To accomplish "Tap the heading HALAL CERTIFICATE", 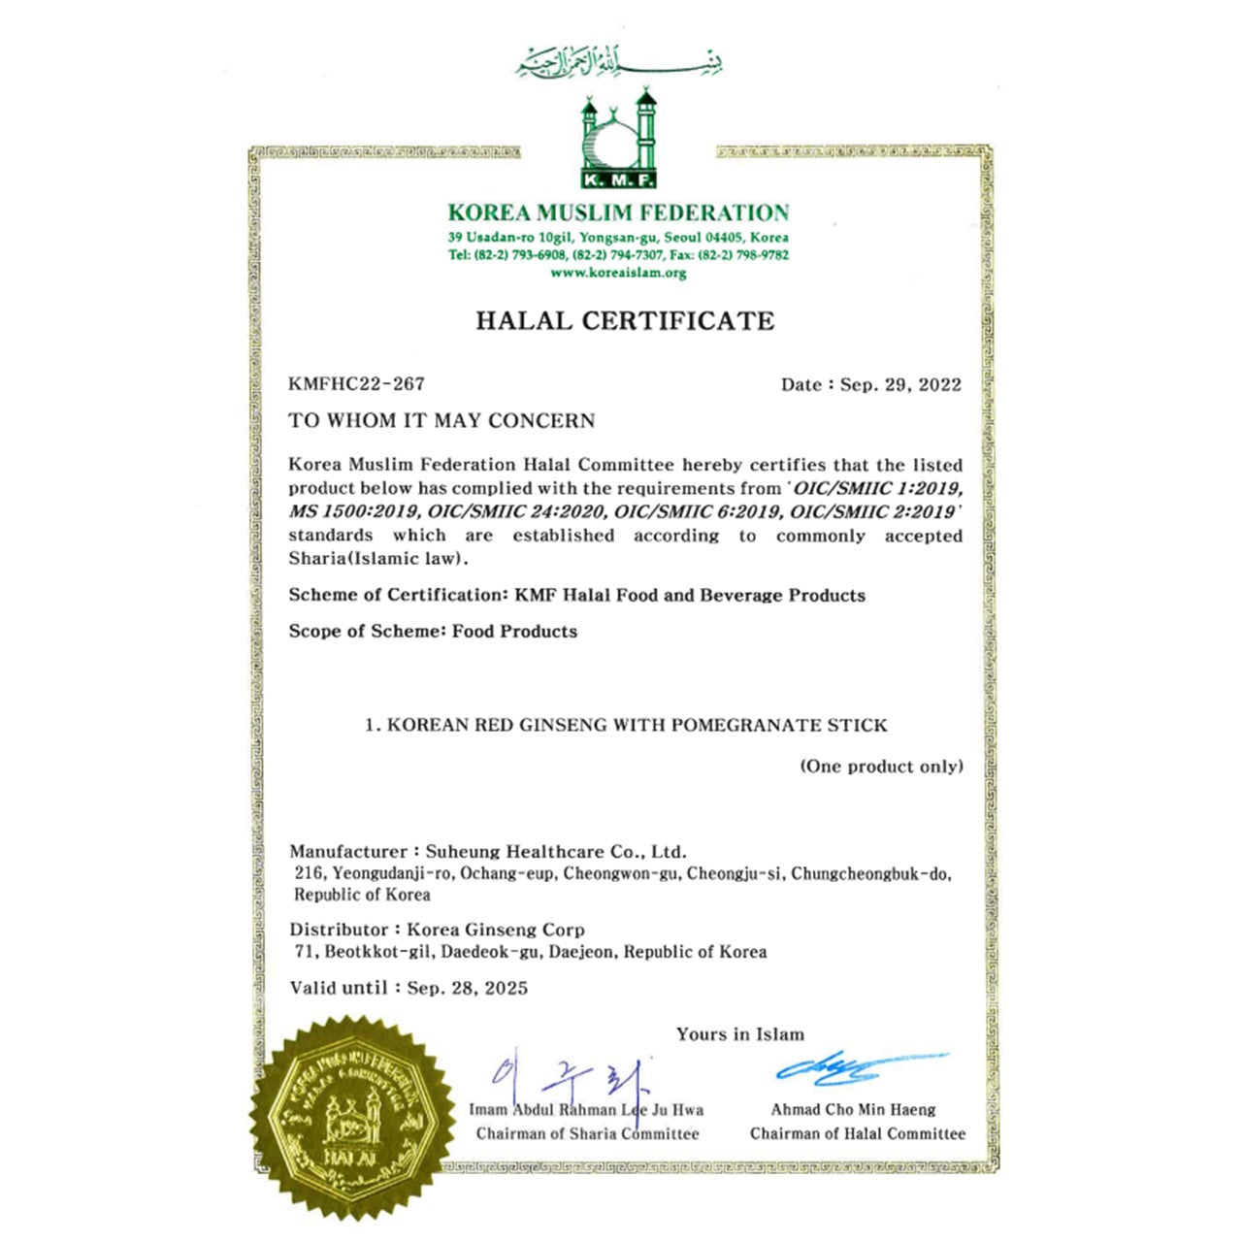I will pos(625,321).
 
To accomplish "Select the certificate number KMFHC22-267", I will pos(356,384).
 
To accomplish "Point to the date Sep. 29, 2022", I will pos(900,385).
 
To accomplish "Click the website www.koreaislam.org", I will pos(618,274).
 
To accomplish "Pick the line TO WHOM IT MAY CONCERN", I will pos(441,421).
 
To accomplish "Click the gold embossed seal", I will pos(351,1116).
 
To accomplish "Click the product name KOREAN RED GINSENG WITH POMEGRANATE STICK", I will pos(637,725).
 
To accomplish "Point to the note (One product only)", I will pos(881,767).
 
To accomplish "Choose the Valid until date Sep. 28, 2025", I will pos(468,989).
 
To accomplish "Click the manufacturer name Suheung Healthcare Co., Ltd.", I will pos(556,852).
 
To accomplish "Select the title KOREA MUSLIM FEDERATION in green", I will pos(618,212).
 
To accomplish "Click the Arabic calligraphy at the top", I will pos(619,62).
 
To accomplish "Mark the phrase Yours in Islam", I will pos(740,1034).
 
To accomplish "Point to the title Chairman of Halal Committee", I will pos(858,1133).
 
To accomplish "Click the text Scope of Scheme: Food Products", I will pos(433,632).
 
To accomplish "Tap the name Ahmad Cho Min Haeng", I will pos(854,1110).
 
